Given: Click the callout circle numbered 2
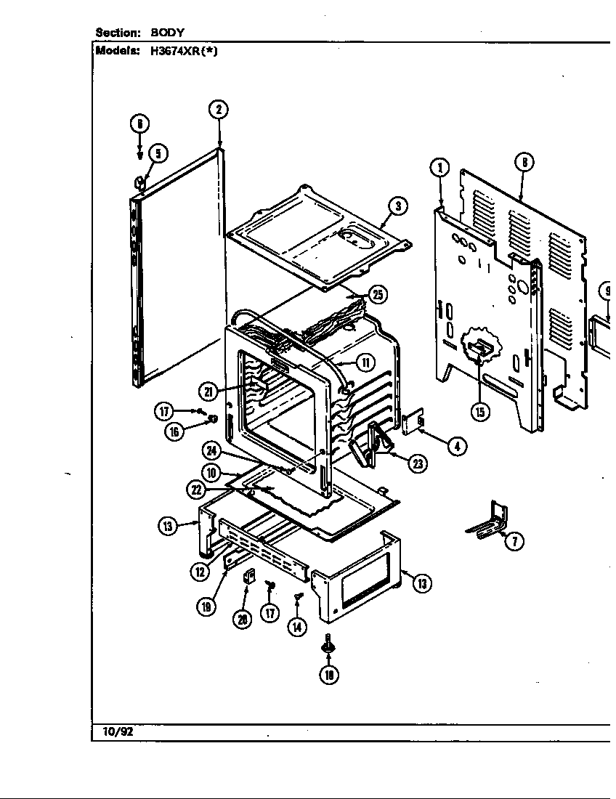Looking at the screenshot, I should (218, 110).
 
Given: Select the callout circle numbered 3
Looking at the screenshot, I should (397, 206).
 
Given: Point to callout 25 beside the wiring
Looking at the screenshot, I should (377, 294).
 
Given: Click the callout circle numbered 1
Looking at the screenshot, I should (439, 168).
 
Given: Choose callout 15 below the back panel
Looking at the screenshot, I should (479, 412).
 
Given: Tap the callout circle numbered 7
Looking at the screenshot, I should (514, 540).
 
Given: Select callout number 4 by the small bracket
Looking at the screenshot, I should (456, 446).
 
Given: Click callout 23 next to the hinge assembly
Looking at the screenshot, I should (417, 464).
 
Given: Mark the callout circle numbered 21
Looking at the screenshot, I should (208, 392).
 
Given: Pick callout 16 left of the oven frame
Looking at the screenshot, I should (174, 431).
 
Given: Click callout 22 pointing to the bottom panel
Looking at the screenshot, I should (195, 490).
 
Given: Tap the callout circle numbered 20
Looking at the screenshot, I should (242, 618).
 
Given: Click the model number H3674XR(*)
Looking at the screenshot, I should (182, 51).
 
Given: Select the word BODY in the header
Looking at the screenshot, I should (168, 33).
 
